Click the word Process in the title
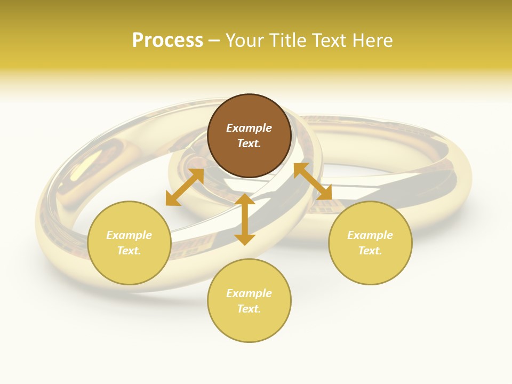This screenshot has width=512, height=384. [167, 41]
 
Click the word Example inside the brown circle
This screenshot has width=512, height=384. [249, 128]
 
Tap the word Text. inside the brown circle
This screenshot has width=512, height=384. [249, 143]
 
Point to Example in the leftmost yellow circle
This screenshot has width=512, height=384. [129, 235]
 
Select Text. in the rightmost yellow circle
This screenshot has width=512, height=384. [370, 251]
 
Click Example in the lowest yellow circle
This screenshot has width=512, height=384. [249, 293]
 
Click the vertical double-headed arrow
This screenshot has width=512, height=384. [245, 219]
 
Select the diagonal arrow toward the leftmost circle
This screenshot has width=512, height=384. [185, 187]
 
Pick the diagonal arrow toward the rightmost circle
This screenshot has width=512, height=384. [313, 181]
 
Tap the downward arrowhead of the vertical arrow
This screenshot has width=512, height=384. [245, 239]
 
